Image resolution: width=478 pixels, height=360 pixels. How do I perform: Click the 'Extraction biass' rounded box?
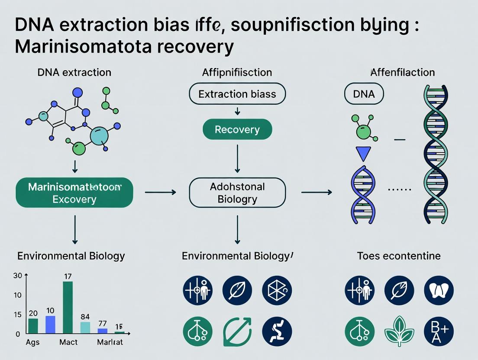point(237,94)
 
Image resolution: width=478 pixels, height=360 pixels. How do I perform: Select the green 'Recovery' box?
point(237,129)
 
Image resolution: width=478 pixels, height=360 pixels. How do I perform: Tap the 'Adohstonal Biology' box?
point(237,193)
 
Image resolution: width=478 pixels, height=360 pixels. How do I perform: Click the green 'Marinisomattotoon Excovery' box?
point(74,193)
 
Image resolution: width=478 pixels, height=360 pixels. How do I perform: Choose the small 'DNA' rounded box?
point(364,94)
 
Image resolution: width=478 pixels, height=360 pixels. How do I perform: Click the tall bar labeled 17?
point(68,307)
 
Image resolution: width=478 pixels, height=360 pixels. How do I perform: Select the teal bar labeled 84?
point(85,327)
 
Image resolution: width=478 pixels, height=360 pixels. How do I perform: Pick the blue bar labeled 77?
point(103,331)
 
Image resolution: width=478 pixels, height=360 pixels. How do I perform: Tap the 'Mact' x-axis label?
point(68,342)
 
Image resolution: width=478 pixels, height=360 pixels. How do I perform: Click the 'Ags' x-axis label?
point(33,342)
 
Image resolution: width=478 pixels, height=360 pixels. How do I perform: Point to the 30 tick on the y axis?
point(17,276)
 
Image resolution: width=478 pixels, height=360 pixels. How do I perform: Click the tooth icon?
point(439,290)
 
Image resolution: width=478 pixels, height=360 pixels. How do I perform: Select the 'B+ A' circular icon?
point(439,331)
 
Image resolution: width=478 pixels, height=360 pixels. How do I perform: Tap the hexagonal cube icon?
point(277,290)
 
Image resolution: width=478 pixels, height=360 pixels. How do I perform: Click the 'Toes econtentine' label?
point(399,256)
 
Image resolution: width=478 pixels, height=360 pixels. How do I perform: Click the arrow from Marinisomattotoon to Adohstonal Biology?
point(160,191)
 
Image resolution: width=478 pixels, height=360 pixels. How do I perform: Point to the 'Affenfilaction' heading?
point(403,72)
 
